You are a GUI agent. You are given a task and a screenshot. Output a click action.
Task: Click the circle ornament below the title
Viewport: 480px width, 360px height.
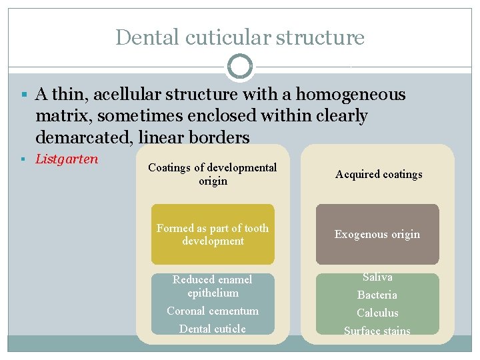coord(240,67)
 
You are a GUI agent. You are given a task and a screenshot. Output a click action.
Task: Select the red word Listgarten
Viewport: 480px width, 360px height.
coord(67,159)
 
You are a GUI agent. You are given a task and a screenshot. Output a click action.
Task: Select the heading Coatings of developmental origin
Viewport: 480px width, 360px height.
coord(213,174)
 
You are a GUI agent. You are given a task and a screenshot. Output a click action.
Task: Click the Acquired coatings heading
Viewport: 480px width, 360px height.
coord(379,174)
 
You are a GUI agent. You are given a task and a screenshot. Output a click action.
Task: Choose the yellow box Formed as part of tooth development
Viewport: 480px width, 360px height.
coord(213,234)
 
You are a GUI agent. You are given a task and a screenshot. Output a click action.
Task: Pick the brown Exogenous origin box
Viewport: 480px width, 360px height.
coord(377,234)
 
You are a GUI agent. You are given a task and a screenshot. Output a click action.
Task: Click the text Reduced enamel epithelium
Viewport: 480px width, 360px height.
coord(213,286)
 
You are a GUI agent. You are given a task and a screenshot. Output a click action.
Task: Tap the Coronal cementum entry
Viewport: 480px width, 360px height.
coord(213,311)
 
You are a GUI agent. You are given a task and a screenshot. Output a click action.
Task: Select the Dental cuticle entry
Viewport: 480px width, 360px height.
coord(213,329)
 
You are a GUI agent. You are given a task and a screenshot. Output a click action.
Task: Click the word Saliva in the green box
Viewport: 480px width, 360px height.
coord(377,277)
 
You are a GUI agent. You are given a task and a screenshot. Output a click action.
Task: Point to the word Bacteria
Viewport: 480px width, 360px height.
coord(377,295)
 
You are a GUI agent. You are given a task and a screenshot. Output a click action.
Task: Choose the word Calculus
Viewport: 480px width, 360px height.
coord(377,313)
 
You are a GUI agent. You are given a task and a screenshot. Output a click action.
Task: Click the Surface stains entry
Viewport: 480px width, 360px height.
coord(377,330)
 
